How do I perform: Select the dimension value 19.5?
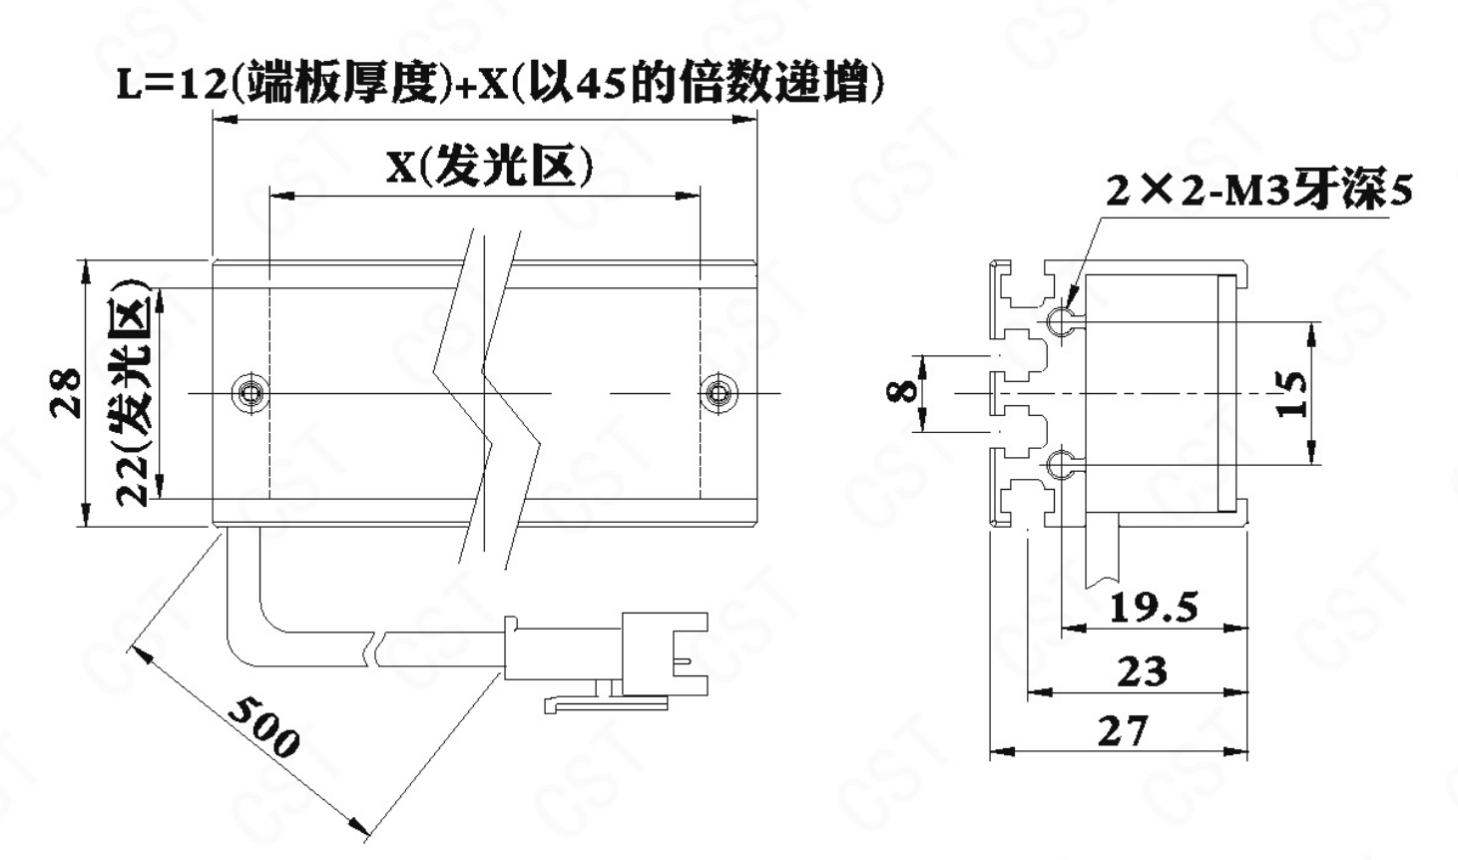coord(1154,606)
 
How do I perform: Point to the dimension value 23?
coord(1141,671)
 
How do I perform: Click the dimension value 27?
coord(1123,731)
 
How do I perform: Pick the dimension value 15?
coord(1290,394)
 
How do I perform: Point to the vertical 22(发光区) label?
coord(134,392)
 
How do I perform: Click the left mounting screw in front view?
coord(248,393)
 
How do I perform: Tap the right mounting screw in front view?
coord(716,393)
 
